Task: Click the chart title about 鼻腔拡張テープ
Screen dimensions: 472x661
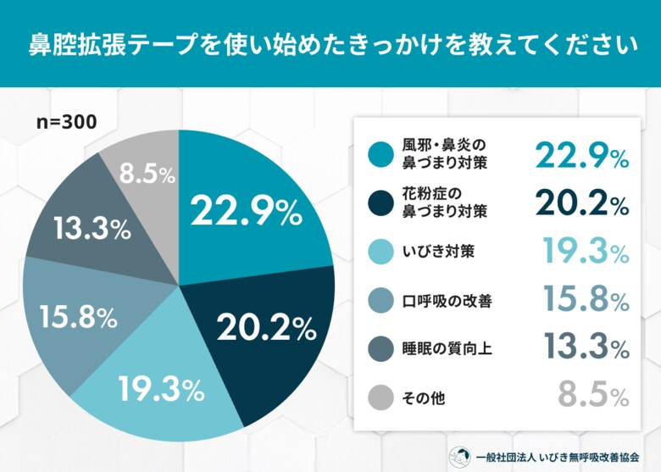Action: tap(330, 43)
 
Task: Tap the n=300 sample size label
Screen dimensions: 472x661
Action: tap(67, 121)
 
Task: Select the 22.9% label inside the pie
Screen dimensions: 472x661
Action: tap(246, 211)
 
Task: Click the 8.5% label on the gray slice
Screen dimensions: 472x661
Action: tap(147, 175)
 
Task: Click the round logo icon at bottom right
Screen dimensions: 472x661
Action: tap(460, 455)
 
